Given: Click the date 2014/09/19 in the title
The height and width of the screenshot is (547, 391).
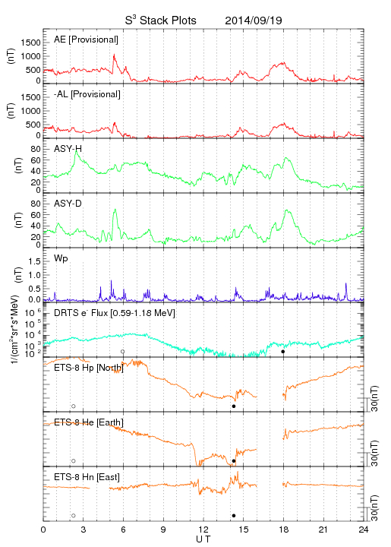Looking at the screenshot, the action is pyautogui.click(x=254, y=21).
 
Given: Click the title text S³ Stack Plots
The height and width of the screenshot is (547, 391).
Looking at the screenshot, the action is pyautogui.click(x=161, y=21).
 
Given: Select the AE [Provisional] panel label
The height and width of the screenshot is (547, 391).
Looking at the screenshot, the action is pyautogui.click(x=86, y=40).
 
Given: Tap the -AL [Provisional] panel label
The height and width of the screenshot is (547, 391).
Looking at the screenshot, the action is pyautogui.click(x=87, y=94).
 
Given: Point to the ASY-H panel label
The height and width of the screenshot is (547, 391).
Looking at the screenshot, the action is pyautogui.click(x=68, y=149).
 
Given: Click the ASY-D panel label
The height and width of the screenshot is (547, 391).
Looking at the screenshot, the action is pyautogui.click(x=68, y=204).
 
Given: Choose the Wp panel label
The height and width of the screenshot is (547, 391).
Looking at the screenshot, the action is pyautogui.click(x=61, y=258).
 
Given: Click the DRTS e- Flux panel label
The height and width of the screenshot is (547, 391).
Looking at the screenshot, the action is pyautogui.click(x=115, y=313).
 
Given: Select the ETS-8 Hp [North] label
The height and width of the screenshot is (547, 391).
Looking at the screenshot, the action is pyautogui.click(x=89, y=368).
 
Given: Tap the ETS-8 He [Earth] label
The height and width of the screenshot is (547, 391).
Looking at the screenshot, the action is pyautogui.click(x=89, y=422).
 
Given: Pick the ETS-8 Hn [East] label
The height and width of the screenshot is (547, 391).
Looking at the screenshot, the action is pyautogui.click(x=87, y=477).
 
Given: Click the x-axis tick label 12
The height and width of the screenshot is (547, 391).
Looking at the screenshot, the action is pyautogui.click(x=203, y=530).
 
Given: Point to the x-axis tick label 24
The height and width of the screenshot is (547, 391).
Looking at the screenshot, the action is pyautogui.click(x=364, y=530).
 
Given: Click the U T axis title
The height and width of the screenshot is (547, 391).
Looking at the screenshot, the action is pyautogui.click(x=203, y=539).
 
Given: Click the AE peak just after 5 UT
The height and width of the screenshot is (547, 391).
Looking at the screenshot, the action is pyautogui.click(x=114, y=55).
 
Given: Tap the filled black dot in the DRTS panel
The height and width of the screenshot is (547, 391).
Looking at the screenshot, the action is pyautogui.click(x=283, y=352).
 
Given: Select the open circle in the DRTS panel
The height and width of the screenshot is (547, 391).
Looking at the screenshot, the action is pyautogui.click(x=123, y=352).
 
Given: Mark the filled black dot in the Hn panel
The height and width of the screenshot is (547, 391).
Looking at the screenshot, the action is pyautogui.click(x=234, y=516).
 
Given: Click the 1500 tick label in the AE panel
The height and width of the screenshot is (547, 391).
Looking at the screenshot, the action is pyautogui.click(x=30, y=43).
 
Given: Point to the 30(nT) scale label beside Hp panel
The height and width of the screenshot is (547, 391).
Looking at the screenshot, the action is pyautogui.click(x=374, y=399).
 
